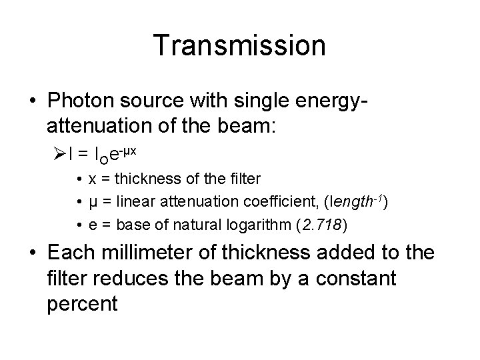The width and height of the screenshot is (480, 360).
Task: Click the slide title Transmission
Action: click(239, 45)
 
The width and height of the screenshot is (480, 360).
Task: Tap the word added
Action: click(361, 254)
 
